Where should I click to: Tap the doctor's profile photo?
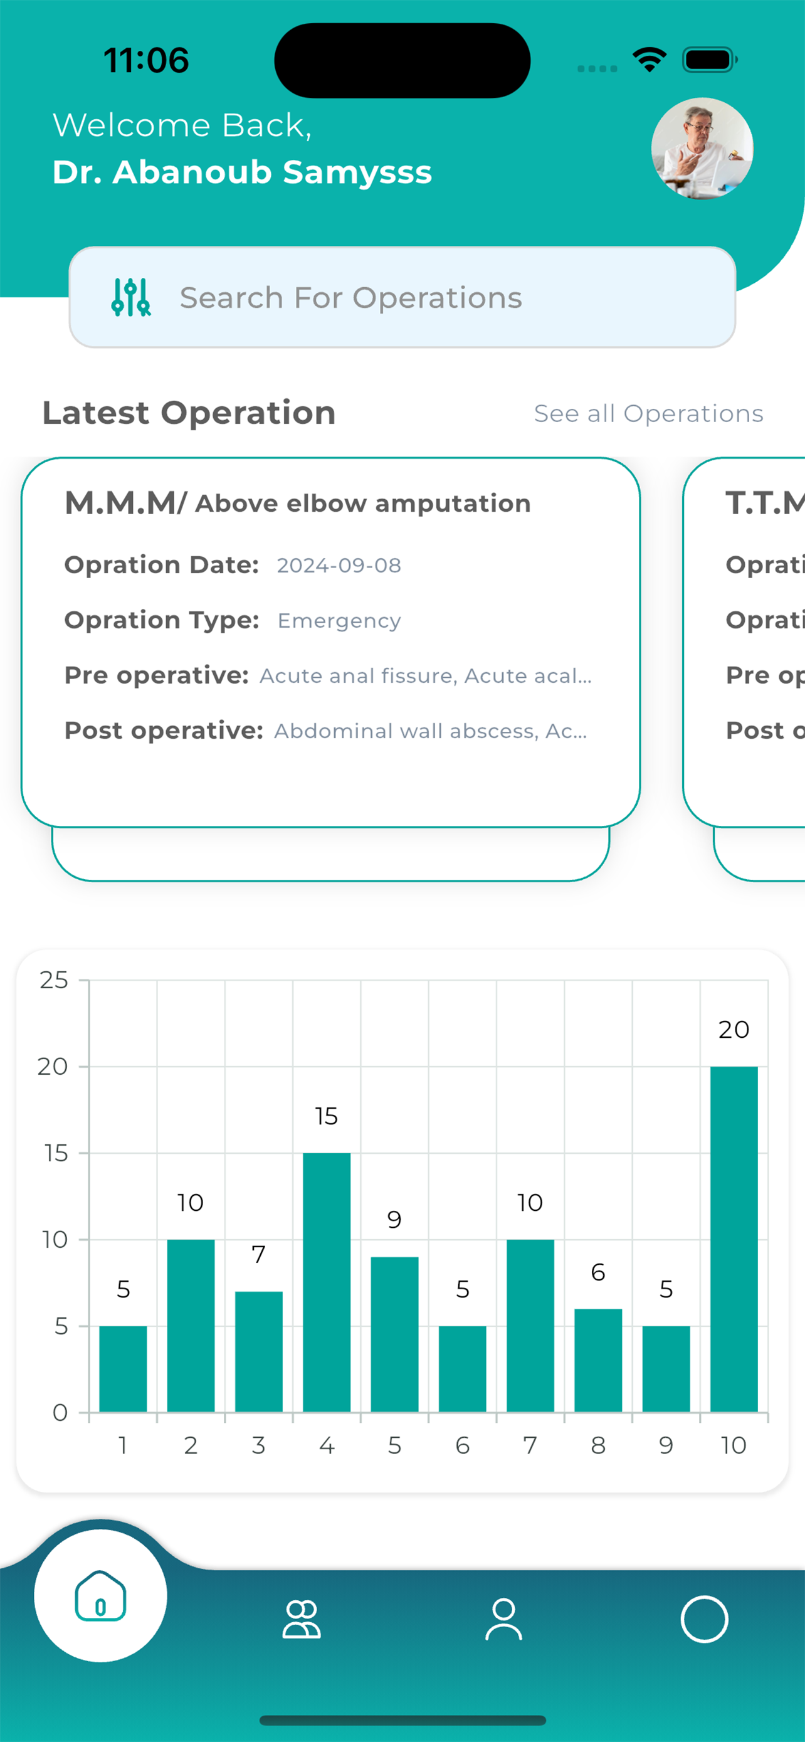click(702, 149)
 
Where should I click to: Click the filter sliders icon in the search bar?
click(130, 298)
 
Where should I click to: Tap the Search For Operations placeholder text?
click(351, 298)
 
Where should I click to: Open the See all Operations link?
click(648, 413)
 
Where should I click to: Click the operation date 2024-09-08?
click(339, 566)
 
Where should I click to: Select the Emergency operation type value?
click(339, 621)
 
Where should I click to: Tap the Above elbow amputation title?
click(363, 504)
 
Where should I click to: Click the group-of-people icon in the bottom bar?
click(302, 1620)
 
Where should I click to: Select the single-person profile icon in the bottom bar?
click(503, 1620)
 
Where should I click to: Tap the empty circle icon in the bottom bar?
click(703, 1620)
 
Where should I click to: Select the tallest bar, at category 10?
click(734, 1239)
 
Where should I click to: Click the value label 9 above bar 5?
click(394, 1220)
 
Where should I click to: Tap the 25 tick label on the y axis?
click(54, 981)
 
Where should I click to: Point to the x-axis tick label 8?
click(598, 1446)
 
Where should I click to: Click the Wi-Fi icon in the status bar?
click(650, 60)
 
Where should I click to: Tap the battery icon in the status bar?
click(709, 60)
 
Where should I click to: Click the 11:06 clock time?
click(146, 60)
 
